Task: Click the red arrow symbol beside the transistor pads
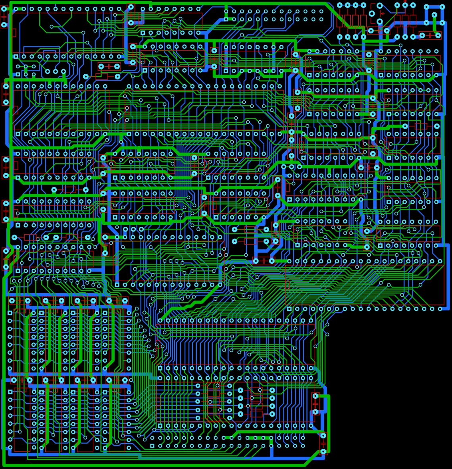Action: [x=383, y=13]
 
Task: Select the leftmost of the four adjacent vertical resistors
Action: [x=340, y=21]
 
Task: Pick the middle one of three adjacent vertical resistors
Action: [x=405, y=21]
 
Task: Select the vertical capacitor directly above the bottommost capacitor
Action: [x=315, y=403]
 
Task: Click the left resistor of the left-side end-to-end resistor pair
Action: [x=30, y=237]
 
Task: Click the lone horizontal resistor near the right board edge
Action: [x=421, y=126]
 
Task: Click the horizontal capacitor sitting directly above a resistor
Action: [x=109, y=66]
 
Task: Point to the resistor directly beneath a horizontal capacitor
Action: [x=102, y=75]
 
